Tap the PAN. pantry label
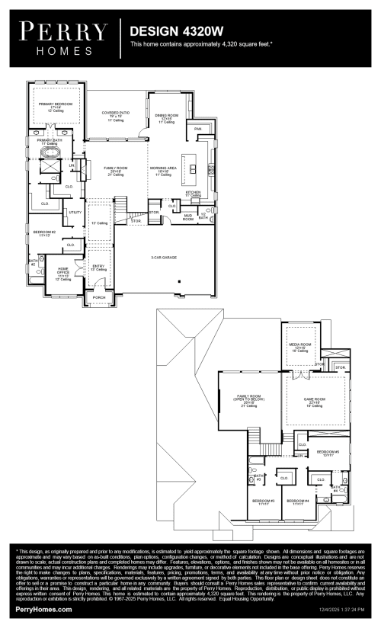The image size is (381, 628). pyautogui.click(x=198, y=129)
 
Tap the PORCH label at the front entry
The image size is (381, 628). pyautogui.click(x=99, y=297)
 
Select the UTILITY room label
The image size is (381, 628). pyautogui.click(x=75, y=212)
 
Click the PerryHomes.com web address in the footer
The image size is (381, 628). pyautogui.click(x=44, y=610)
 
